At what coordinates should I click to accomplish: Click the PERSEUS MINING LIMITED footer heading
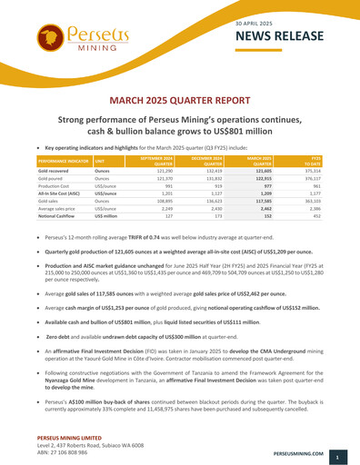[x=52, y=433]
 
